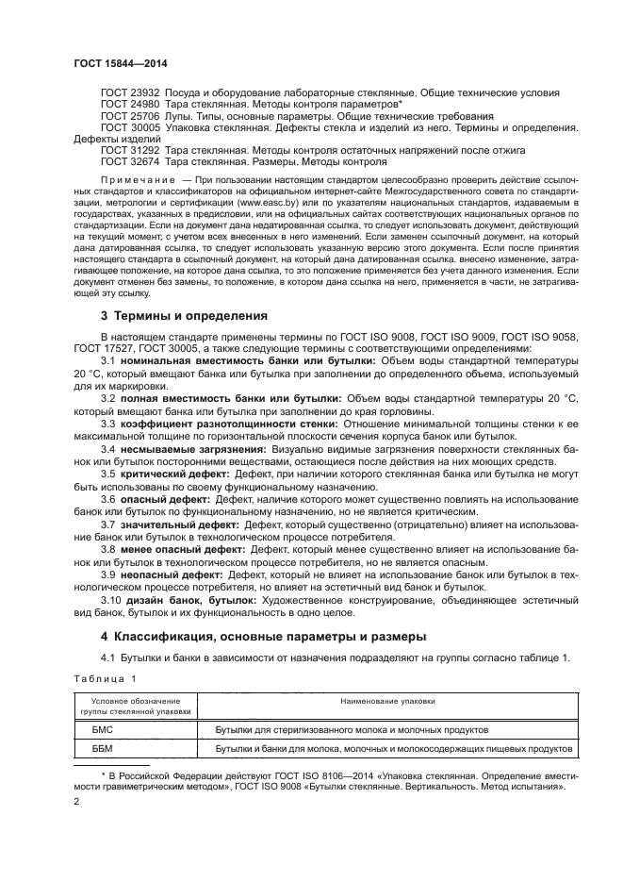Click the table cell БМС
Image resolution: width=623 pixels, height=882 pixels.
(103, 729)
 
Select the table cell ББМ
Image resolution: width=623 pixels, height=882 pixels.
(103, 749)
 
